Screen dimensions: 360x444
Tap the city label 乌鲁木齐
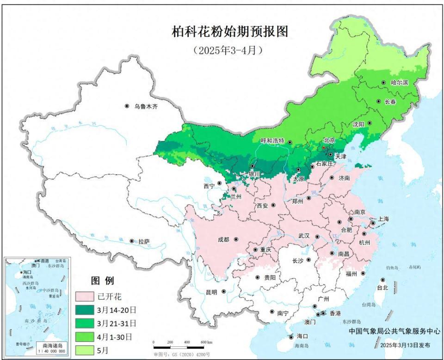146,106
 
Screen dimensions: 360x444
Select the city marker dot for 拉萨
132,241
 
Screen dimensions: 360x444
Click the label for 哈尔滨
400,83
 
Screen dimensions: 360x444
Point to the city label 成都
223,239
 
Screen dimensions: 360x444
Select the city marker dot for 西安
273,205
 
